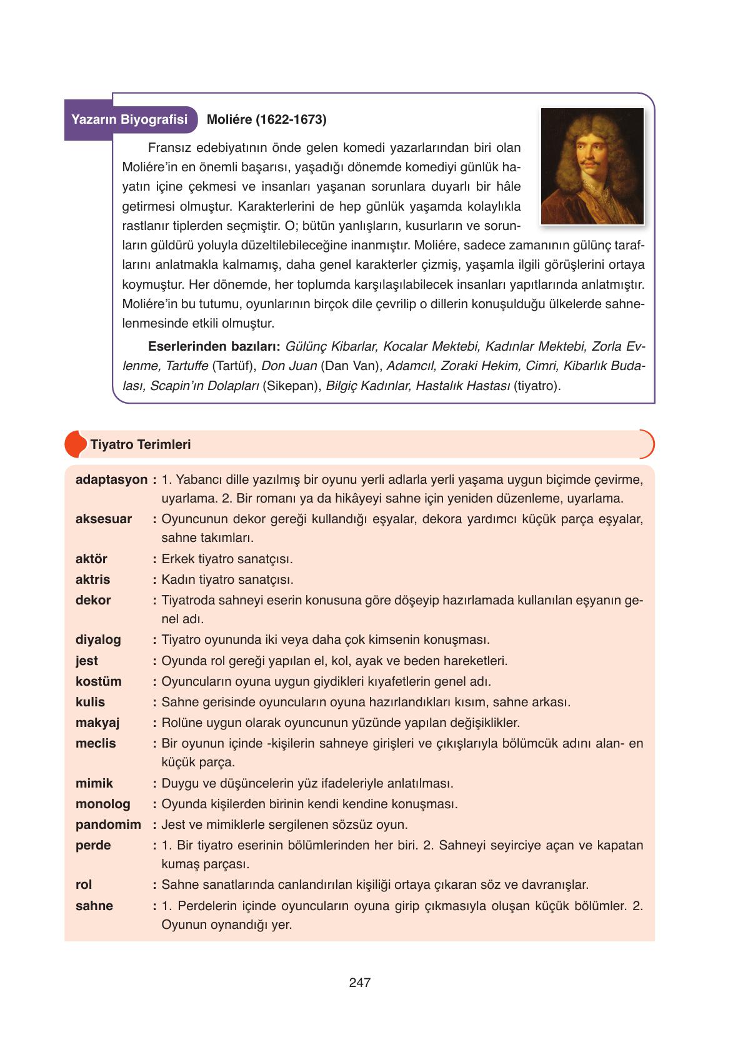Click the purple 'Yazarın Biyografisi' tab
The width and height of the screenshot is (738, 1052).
click(x=130, y=119)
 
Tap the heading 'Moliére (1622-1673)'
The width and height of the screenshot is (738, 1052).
click(x=266, y=119)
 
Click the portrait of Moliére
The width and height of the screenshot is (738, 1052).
click(x=592, y=166)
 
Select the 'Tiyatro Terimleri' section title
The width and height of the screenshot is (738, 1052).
click(x=141, y=444)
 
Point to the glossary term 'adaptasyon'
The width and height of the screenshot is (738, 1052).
click(x=111, y=480)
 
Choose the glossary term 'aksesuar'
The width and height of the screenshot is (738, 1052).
click(x=104, y=519)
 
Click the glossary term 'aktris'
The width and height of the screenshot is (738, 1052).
click(x=92, y=579)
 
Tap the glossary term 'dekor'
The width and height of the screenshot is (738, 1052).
click(x=93, y=600)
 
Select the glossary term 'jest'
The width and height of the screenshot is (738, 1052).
click(x=87, y=661)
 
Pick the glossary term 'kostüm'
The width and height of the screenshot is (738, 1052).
click(x=99, y=681)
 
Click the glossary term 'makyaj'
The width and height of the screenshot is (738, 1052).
click(x=97, y=723)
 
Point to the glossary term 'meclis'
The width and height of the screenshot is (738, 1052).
click(x=96, y=743)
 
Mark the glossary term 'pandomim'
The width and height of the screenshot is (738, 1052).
click(x=108, y=824)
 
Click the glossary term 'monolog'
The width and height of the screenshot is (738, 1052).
click(x=103, y=804)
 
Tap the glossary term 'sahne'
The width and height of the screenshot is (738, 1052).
click(x=94, y=906)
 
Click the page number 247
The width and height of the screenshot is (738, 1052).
click(x=360, y=983)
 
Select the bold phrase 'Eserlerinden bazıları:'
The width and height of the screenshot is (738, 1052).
click(x=214, y=346)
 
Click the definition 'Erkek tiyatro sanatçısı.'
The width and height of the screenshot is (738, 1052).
click(x=227, y=559)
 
